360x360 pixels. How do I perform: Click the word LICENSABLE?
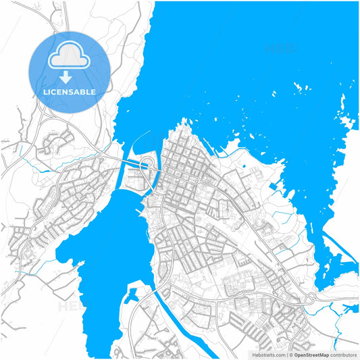(x=70, y=92)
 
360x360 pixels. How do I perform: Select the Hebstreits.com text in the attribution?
(x=269, y=355)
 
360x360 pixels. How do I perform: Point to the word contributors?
(x=343, y=355)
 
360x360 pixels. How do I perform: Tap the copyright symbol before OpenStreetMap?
(x=292, y=355)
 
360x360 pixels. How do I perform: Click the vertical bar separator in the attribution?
(x=287, y=355)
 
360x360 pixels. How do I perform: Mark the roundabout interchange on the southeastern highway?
(x=311, y=298)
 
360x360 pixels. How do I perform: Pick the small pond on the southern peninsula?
(x=133, y=293)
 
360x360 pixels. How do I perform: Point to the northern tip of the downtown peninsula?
(x=183, y=122)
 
